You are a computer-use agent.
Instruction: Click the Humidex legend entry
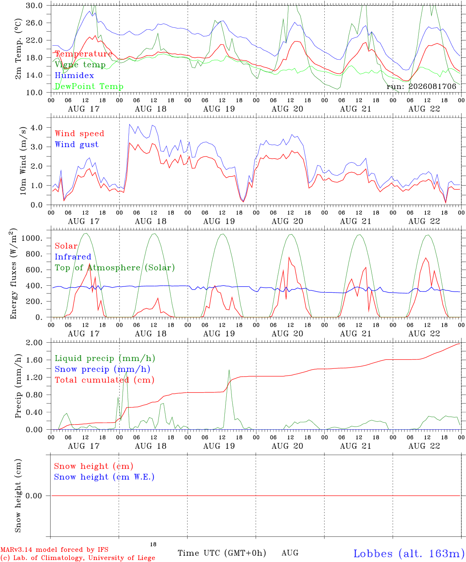pos(74,75)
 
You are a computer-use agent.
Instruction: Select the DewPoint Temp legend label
pos(89,86)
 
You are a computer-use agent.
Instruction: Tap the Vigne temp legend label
pos(80,65)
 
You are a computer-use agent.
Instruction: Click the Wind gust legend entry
pos(77,144)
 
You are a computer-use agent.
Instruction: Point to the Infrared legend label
pos(73,256)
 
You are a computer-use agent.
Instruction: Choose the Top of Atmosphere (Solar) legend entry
pos(115,268)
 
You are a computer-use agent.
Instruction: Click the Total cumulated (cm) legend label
pos(105,380)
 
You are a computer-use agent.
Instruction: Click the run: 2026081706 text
pos(422,86)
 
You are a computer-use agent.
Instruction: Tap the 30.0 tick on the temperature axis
pos(34,5)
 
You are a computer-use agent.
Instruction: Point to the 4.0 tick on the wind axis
pos(36,127)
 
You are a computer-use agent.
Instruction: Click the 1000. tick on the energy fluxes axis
pos(32,238)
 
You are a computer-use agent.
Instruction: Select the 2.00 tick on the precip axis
pos(34,343)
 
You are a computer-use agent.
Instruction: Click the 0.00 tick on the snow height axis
pos(34,496)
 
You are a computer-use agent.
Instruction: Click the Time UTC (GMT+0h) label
pos(222,553)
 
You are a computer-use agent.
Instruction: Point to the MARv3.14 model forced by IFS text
pos(54,550)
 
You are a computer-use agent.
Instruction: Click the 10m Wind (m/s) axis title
pos(23,161)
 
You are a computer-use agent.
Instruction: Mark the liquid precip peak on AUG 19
pos(229,370)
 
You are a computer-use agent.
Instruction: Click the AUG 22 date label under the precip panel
pos(424,446)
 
